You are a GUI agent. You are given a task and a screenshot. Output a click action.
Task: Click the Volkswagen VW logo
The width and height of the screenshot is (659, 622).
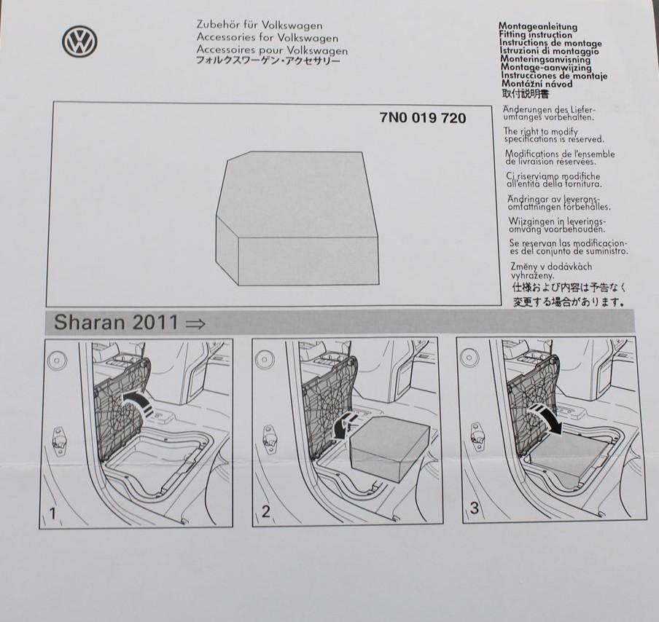80,42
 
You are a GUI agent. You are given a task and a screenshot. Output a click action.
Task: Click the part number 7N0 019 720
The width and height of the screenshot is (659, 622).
423,118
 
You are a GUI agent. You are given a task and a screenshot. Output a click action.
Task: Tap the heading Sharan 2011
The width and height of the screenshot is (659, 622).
116,322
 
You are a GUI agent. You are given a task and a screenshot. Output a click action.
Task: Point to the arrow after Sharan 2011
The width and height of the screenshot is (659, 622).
195,324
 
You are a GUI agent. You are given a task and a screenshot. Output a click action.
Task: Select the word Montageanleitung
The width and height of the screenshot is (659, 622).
538,27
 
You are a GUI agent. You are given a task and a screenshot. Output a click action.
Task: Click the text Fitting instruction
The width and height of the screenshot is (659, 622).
535,35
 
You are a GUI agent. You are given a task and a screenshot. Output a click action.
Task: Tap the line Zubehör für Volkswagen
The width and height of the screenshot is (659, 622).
260,25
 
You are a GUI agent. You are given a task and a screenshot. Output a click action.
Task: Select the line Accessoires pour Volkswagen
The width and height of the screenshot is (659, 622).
272,50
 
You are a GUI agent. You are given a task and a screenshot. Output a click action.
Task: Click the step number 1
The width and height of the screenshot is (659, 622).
52,513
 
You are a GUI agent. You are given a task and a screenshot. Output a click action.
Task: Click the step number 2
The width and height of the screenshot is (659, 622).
265,511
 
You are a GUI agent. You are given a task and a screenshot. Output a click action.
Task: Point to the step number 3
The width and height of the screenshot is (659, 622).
475,508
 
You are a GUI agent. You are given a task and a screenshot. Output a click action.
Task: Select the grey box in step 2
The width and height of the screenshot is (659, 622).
389,449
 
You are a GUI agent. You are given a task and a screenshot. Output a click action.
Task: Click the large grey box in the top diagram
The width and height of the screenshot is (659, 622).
297,218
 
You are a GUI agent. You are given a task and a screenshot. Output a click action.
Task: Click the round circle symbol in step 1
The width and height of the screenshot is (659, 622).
57,361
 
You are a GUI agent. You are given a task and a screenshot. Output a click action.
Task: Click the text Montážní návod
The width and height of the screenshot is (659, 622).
537,84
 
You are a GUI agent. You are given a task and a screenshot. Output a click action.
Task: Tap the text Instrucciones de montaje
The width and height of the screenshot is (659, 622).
554,76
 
